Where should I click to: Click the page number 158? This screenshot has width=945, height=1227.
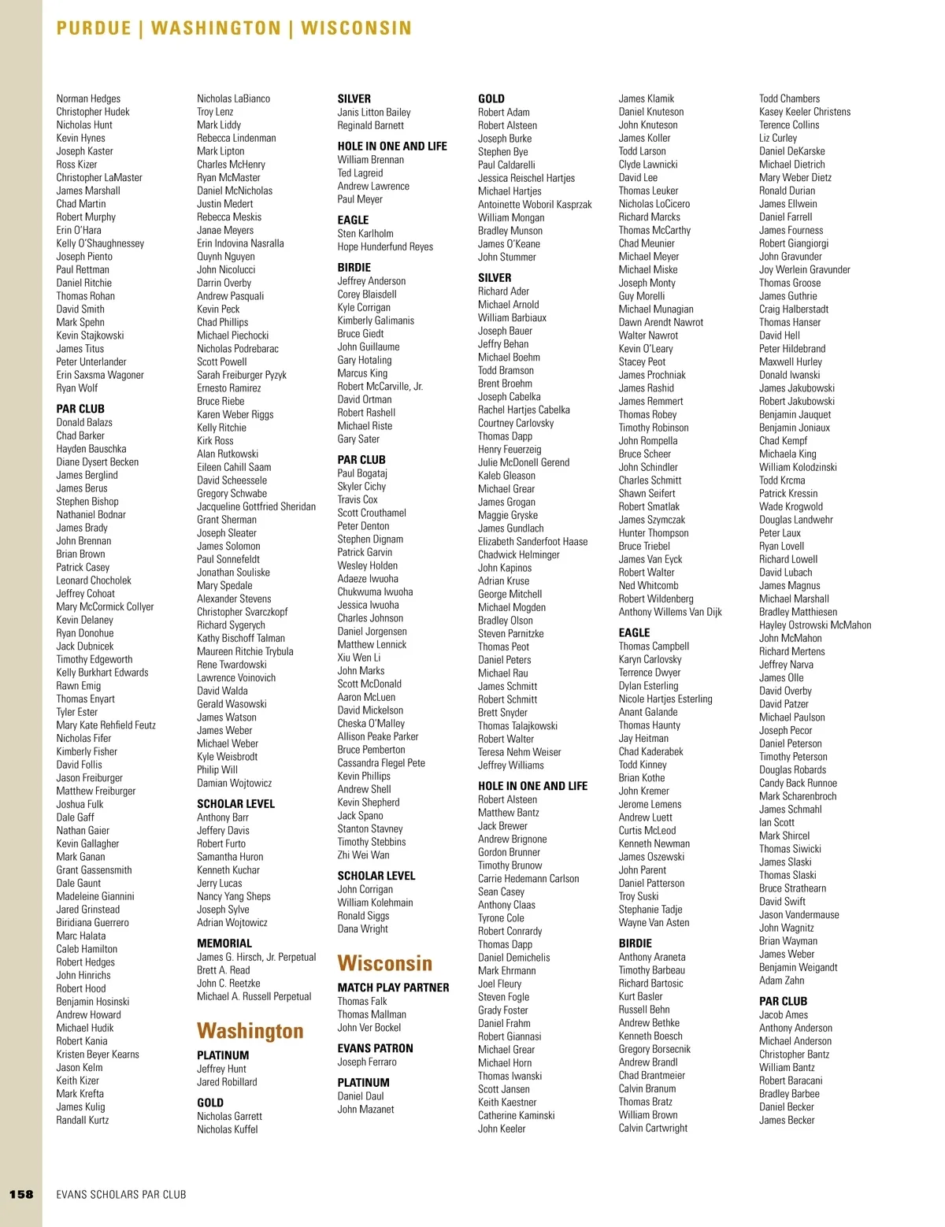(x=21, y=1194)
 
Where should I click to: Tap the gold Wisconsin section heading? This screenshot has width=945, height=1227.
(x=384, y=963)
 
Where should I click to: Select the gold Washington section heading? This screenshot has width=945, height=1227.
(x=250, y=1031)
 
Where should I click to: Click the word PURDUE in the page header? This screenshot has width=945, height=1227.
(x=94, y=28)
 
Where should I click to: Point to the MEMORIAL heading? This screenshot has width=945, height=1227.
(x=224, y=943)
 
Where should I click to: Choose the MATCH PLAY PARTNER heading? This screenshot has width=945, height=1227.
(x=393, y=988)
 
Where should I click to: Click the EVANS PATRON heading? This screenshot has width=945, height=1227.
(x=375, y=1048)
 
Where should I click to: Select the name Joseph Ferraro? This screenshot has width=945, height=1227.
(x=367, y=1062)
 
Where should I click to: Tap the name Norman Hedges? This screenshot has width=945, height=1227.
(x=88, y=98)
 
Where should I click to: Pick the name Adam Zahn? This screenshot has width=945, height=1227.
(x=781, y=980)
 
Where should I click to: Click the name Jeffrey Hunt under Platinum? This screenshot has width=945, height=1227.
(x=221, y=1069)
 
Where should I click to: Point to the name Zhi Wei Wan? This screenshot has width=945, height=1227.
(x=363, y=854)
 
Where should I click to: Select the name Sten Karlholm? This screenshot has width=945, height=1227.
(x=365, y=233)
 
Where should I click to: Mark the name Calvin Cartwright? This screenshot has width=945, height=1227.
(x=653, y=1128)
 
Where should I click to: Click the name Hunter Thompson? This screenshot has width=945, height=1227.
(x=653, y=533)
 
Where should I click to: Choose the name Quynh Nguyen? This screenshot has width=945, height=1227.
(x=225, y=256)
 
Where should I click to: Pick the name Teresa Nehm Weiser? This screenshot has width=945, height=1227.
(x=519, y=752)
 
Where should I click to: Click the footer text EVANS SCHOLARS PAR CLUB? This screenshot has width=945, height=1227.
(x=121, y=1195)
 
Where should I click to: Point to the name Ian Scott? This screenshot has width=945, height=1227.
(x=776, y=822)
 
